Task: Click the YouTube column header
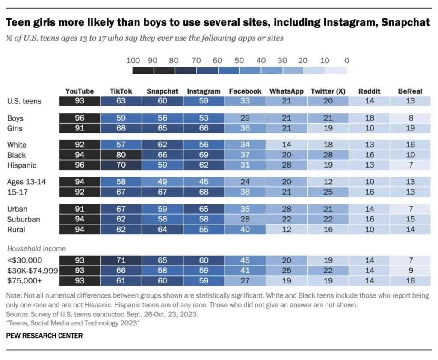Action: click(80, 91)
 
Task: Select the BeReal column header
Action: click(410, 91)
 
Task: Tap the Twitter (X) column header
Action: click(328, 91)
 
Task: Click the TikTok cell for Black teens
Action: click(121, 155)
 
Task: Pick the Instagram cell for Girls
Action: click(204, 128)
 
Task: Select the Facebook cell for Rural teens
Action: click(245, 230)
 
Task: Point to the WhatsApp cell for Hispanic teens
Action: click(287, 165)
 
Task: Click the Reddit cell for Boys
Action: click(369, 118)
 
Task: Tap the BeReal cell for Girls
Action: click(410, 128)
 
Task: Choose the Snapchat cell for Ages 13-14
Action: click(163, 182)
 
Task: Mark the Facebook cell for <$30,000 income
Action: click(245, 260)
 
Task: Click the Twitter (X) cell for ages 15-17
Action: click(328, 192)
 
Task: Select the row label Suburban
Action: click(24, 219)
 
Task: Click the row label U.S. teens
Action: click(24, 101)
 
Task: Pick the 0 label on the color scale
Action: click(346, 60)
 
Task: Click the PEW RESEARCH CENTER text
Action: click(44, 336)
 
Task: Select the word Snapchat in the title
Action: click(406, 23)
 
